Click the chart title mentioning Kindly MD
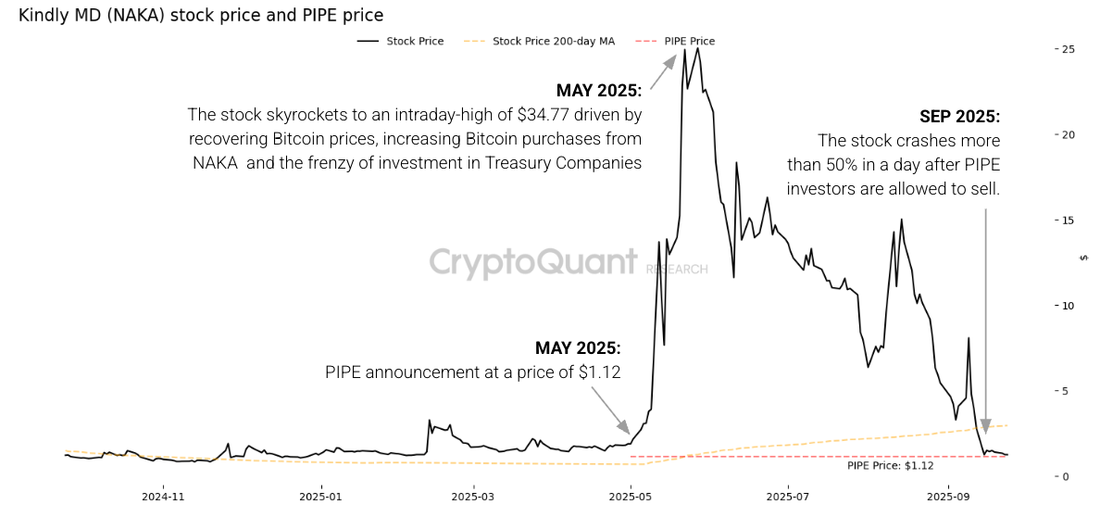coord(201,16)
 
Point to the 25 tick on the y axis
coord(1067,49)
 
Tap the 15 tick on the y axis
coord(1067,221)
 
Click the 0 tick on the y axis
coord(1066,477)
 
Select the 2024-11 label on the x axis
coord(164,496)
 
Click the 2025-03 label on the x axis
coord(473,496)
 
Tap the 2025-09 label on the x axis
coord(947,496)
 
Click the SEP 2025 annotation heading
coord(959,117)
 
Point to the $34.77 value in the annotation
coord(549,115)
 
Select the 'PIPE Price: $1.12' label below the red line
coord(890,466)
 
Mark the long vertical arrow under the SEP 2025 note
coord(985,320)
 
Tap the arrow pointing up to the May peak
coord(663,72)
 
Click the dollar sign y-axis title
coord(1084,258)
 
